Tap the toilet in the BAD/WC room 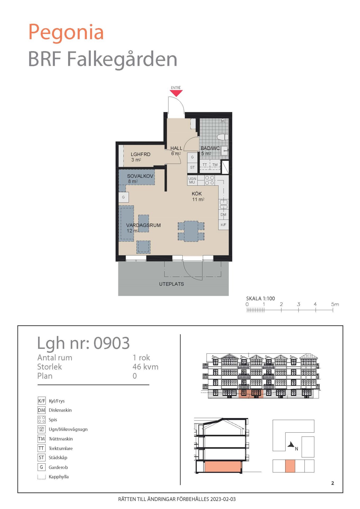pos(223,137)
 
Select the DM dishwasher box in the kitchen pos(223,214)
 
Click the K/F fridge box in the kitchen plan pos(223,225)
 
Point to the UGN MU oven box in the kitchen pos(192,180)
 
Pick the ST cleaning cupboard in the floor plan pos(192,167)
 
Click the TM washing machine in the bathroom pos(215,165)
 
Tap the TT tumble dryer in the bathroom pos(205,165)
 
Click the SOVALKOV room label pos(140,176)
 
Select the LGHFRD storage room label pos(141,154)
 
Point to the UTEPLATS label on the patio pos(172,284)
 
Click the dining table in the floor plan pos(191,231)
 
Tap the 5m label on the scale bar pos(335,304)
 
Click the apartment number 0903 pos(112,343)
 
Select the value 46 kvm pos(145,367)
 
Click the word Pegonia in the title pos(66,32)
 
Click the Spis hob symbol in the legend pos(41,420)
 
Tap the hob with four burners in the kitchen pos(209,180)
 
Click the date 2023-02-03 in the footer pos(223,499)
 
